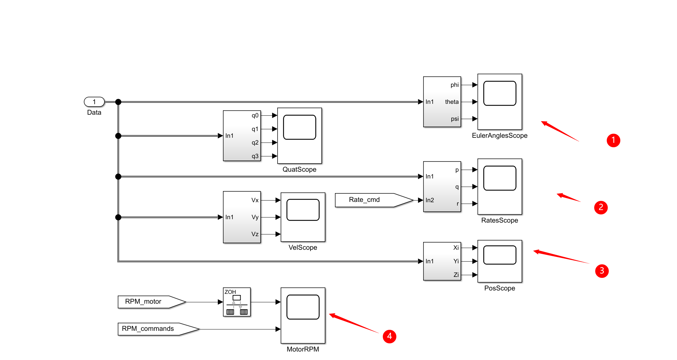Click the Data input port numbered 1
click(x=94, y=102)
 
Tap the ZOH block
click(x=237, y=302)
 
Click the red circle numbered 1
click(x=613, y=140)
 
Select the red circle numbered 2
click(x=601, y=207)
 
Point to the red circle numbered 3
click(x=602, y=271)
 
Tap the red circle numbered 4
click(x=389, y=336)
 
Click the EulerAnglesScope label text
click(x=500, y=136)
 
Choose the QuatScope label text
click(x=299, y=170)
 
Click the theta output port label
click(x=452, y=102)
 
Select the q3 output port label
click(x=255, y=156)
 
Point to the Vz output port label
click(x=255, y=234)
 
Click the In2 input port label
click(x=430, y=200)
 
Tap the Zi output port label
click(x=456, y=275)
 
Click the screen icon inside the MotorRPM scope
click(x=303, y=307)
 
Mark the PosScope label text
click(x=500, y=288)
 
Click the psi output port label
click(x=455, y=119)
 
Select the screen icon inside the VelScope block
click(x=303, y=210)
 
